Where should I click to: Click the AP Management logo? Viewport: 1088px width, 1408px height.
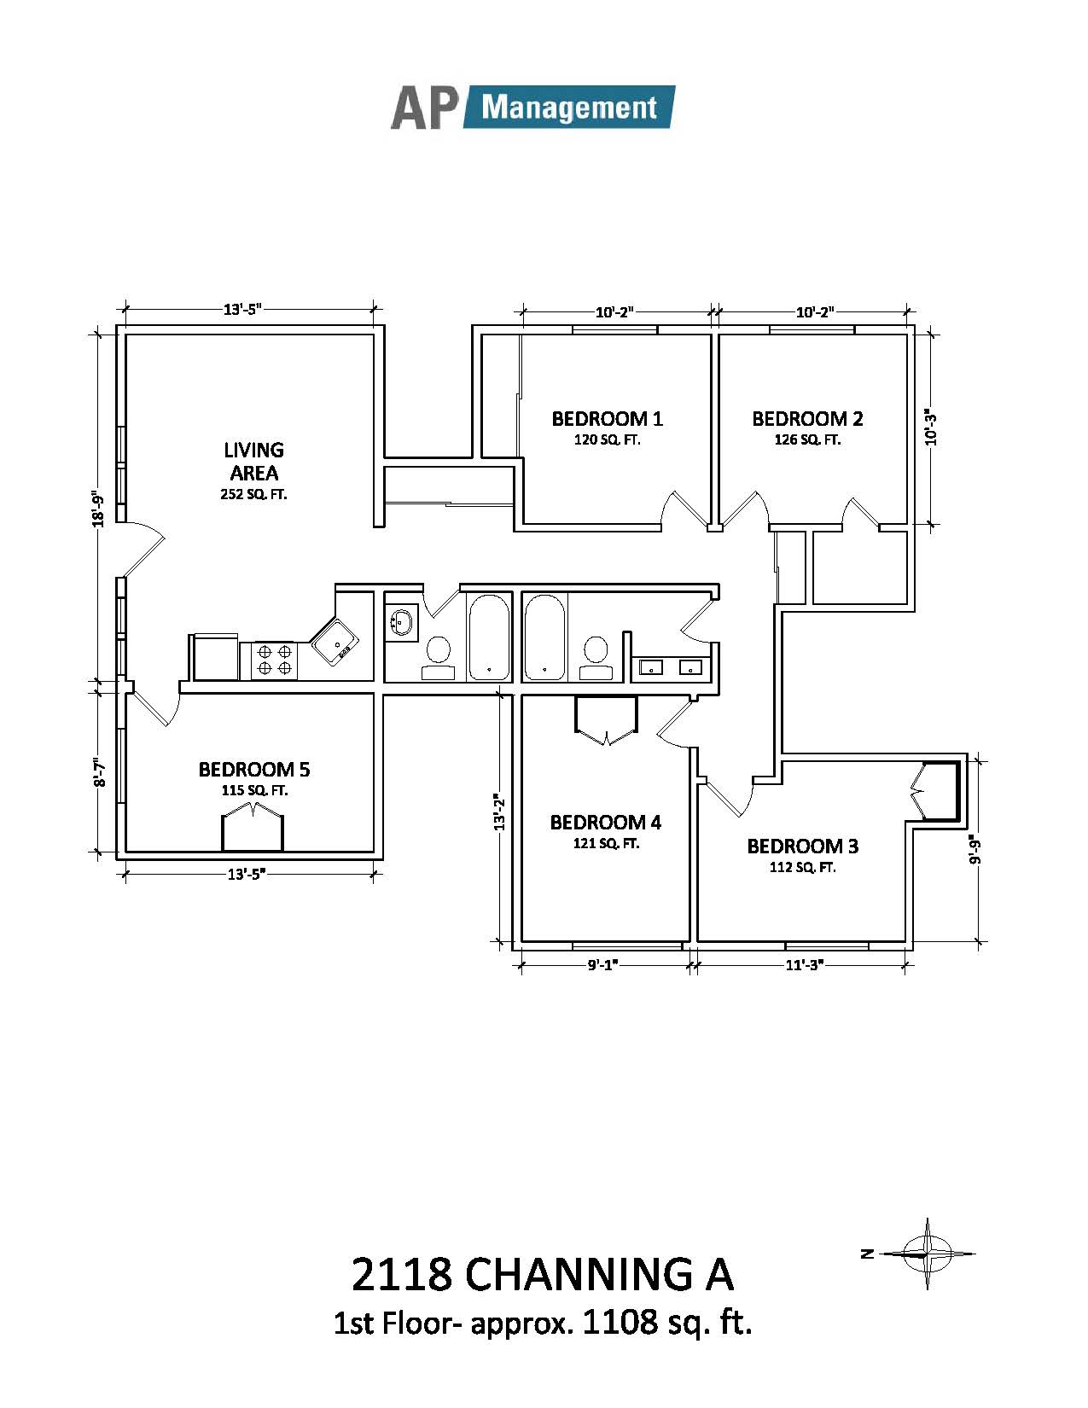(x=532, y=107)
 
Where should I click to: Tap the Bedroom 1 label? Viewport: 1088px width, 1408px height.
(x=608, y=419)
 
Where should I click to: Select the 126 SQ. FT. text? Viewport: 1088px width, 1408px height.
(x=807, y=440)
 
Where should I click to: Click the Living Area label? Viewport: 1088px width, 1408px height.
(x=254, y=461)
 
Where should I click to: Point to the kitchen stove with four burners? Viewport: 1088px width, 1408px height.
(x=269, y=660)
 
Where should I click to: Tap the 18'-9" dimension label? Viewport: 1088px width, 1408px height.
(x=98, y=510)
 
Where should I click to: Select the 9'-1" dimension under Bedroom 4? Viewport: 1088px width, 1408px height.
(x=603, y=965)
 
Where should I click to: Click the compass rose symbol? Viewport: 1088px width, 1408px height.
(x=928, y=1254)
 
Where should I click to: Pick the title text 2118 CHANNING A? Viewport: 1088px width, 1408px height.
(x=543, y=1274)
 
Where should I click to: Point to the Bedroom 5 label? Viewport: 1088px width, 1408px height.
(x=254, y=769)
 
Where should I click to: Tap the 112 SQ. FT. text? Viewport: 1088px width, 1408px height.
(x=802, y=867)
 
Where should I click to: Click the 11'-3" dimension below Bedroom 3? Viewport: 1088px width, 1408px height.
(x=804, y=965)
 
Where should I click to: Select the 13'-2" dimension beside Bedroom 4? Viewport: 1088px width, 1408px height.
(x=499, y=812)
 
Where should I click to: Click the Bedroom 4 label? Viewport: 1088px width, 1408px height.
(x=606, y=823)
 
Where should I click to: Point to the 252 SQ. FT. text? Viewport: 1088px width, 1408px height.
(x=253, y=494)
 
